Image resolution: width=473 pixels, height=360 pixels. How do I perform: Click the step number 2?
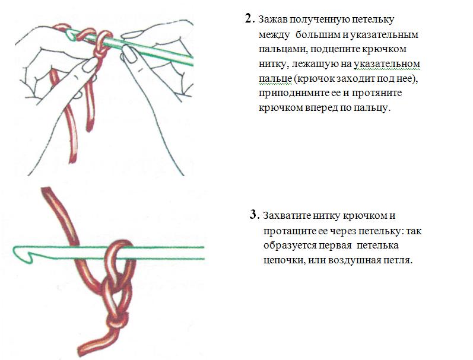pos(248,19)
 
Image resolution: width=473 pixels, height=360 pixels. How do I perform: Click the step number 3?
pos(253,215)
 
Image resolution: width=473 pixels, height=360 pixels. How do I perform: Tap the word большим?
pos(318,34)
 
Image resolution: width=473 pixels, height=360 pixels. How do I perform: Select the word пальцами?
pos(282,49)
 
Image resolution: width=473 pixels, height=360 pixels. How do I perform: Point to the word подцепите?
pos(335,49)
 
